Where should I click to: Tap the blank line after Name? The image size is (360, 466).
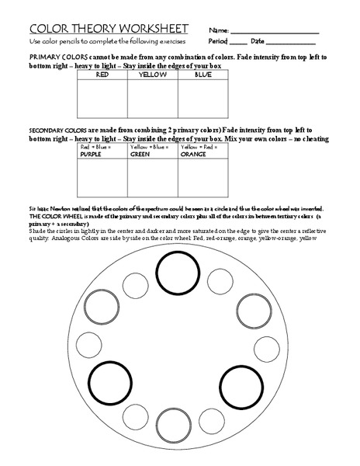point(286,31)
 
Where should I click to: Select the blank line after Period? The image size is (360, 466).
point(238,43)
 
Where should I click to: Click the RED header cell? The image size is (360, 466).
point(102,75)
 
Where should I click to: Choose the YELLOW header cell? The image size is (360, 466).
point(153,75)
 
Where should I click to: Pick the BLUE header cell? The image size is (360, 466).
point(203,75)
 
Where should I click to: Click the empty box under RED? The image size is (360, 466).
point(102,99)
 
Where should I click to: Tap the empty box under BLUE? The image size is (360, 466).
point(203,99)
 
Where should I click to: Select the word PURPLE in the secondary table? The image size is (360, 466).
point(91,155)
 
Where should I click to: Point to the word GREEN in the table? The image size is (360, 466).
point(140,155)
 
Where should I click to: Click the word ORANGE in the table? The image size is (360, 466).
point(193,155)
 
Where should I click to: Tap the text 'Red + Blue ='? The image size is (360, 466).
point(95,147)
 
